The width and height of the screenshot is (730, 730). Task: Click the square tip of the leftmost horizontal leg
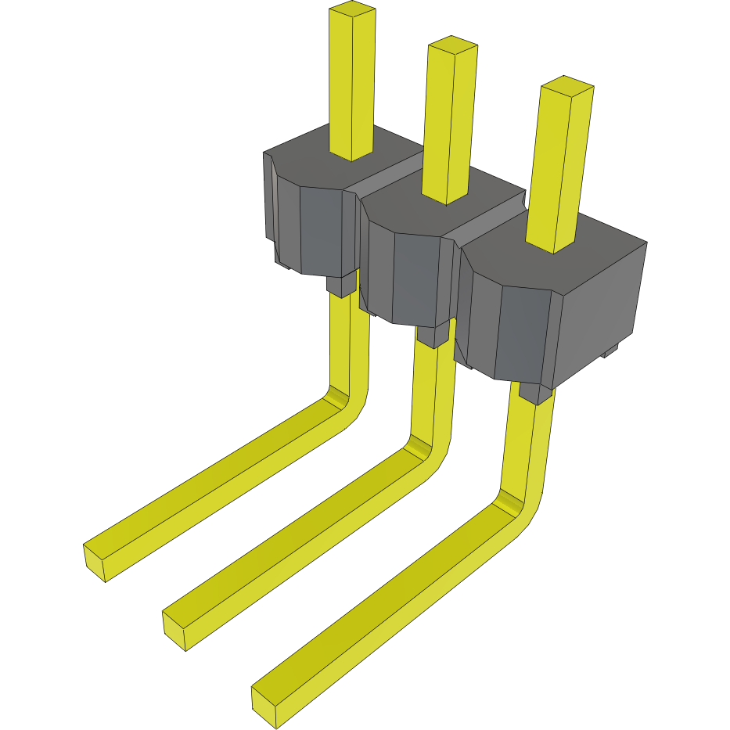point(95,563)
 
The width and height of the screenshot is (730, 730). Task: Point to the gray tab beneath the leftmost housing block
point(340,286)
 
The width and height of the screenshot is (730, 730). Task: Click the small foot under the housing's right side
point(611,351)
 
